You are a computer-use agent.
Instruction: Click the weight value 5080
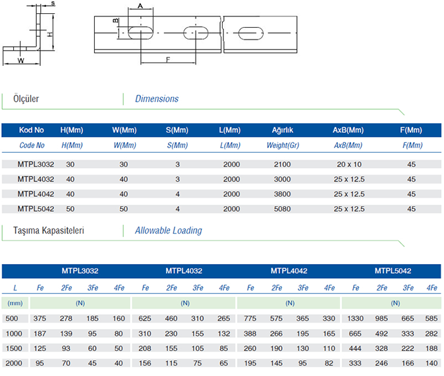click(282, 209)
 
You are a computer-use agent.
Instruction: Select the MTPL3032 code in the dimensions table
click(36, 165)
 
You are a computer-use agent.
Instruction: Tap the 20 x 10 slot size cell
click(349, 165)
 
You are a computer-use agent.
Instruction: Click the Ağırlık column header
click(283, 130)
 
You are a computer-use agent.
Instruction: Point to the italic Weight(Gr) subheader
click(283, 146)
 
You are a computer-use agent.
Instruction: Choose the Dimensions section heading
click(157, 99)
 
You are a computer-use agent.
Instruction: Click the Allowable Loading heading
click(168, 230)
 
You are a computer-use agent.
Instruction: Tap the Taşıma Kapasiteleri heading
click(49, 230)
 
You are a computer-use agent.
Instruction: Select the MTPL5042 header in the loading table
click(393, 271)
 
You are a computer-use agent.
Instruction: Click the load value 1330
click(355, 319)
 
